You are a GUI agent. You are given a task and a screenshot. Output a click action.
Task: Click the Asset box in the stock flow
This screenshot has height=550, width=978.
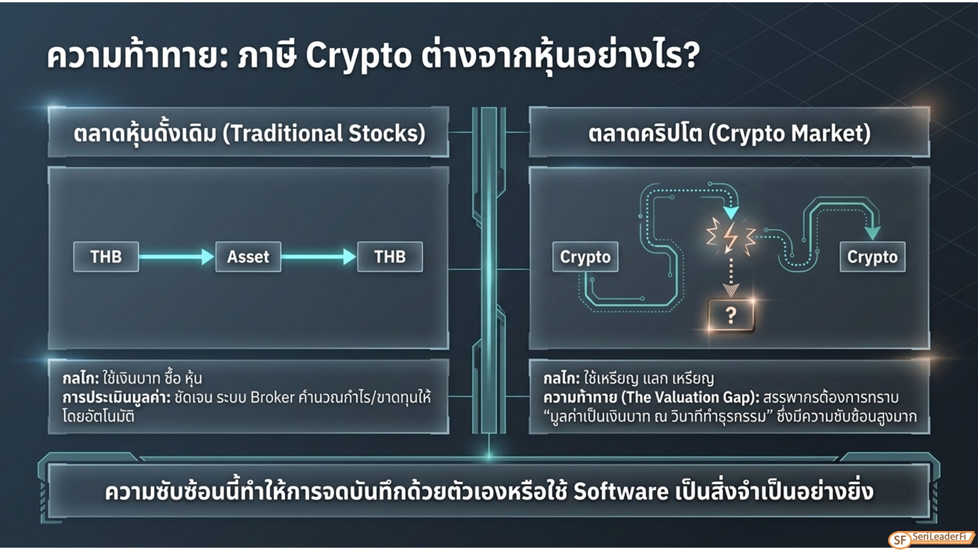[x=248, y=257]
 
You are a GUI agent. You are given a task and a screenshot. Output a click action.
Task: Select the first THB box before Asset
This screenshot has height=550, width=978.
[x=106, y=257]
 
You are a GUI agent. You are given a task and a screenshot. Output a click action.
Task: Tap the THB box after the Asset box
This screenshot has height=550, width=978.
[x=390, y=257]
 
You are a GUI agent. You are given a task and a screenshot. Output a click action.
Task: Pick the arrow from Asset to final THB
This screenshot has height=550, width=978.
[x=319, y=257]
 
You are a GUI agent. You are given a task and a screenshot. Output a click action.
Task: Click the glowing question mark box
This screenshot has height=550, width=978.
[x=731, y=315]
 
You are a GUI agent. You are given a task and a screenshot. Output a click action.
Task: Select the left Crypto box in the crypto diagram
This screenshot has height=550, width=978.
[x=585, y=257]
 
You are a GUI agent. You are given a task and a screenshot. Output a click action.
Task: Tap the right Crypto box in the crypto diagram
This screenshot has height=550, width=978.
[x=873, y=257]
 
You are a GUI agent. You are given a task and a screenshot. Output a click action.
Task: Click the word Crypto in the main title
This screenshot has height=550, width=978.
[x=359, y=56]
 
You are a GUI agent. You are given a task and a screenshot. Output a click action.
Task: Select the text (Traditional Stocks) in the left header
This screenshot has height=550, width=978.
[x=324, y=133]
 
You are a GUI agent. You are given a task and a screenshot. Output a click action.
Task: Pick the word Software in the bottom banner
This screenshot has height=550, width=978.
[x=621, y=491]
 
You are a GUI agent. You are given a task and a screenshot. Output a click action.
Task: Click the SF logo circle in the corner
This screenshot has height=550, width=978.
[x=900, y=540]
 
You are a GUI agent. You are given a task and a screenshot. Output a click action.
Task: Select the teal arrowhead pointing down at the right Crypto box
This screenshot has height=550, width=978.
[x=873, y=233]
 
